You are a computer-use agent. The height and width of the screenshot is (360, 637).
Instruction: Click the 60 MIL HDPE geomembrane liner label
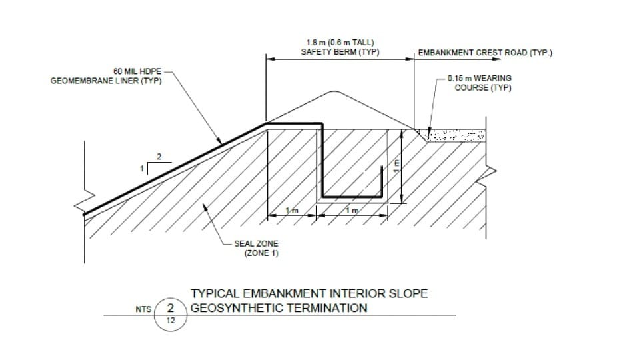click(106, 77)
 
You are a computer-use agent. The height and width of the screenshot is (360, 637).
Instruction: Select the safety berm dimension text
click(340, 48)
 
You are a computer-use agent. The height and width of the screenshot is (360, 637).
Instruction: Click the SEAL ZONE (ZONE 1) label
click(256, 248)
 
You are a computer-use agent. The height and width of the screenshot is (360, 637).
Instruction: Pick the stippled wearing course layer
click(456, 136)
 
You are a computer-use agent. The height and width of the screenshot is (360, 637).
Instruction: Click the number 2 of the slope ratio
click(158, 157)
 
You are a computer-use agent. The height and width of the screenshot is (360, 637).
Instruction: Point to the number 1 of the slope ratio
click(141, 169)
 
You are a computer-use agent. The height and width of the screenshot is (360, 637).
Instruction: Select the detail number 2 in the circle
click(171, 308)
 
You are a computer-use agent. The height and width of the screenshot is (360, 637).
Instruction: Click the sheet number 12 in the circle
click(171, 321)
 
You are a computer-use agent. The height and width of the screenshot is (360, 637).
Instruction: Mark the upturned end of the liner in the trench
click(381, 181)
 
